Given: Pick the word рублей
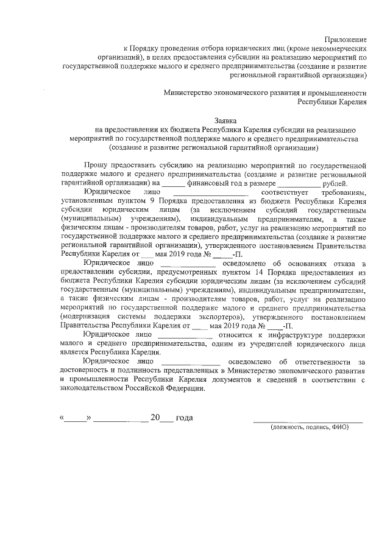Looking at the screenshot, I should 335,183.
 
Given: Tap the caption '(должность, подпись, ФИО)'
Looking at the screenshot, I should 309,427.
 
